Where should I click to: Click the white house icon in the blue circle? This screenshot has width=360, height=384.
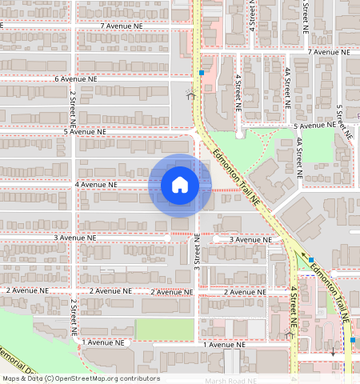[x=180, y=185]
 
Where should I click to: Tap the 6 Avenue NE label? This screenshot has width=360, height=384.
[x=75, y=80]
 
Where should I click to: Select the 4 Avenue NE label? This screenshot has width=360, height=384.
[x=96, y=185]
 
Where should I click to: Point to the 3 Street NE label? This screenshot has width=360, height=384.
[x=197, y=250]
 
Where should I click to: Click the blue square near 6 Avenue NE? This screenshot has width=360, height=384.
[x=202, y=72]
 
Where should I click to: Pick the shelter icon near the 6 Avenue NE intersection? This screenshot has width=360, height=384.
[x=190, y=95]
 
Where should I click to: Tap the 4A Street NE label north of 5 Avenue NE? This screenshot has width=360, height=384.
[x=286, y=87]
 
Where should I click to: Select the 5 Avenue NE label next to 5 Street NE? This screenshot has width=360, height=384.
[x=314, y=126]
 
